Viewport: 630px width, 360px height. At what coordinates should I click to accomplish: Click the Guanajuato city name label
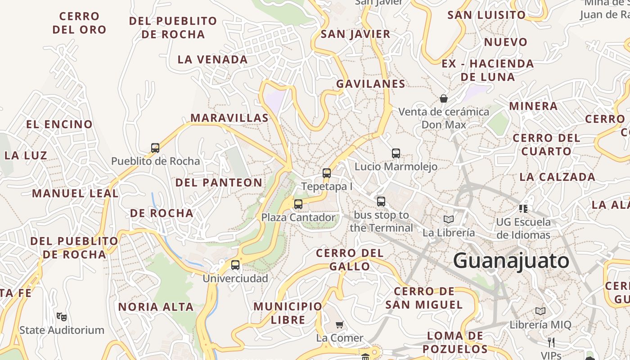(x=511, y=261)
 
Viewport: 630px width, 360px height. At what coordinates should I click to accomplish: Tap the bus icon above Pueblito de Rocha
(x=155, y=148)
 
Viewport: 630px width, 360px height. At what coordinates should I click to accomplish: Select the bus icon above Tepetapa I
(x=327, y=173)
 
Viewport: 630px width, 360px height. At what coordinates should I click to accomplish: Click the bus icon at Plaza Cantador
(x=298, y=204)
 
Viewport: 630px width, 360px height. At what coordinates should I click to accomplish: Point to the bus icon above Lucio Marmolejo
(x=396, y=153)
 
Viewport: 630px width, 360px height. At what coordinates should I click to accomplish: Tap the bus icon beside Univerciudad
(x=235, y=265)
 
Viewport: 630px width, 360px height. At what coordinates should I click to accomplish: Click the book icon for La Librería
(x=448, y=219)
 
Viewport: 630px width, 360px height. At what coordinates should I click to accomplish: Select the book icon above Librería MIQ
(x=540, y=311)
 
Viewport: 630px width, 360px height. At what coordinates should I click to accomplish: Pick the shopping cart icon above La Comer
(x=340, y=324)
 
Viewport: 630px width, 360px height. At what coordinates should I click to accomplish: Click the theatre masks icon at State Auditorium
(x=62, y=316)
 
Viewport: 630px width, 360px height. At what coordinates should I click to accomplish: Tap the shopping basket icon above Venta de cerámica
(x=444, y=98)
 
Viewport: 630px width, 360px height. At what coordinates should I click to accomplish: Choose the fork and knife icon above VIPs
(x=551, y=342)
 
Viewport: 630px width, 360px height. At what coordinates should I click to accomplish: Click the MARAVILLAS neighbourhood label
(x=229, y=118)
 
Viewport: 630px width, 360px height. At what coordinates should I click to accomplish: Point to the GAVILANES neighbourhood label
(x=371, y=84)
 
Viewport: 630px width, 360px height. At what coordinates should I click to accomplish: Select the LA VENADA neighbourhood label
(x=212, y=59)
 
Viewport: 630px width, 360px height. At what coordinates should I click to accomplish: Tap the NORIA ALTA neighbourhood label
(x=156, y=307)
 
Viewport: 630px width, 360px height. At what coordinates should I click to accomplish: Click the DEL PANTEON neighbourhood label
(x=219, y=182)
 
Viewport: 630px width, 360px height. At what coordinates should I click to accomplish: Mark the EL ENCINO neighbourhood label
(x=59, y=125)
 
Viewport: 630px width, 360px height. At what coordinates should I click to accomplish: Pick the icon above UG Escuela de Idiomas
(x=523, y=208)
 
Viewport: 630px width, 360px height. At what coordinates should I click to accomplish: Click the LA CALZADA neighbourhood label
(x=557, y=177)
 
